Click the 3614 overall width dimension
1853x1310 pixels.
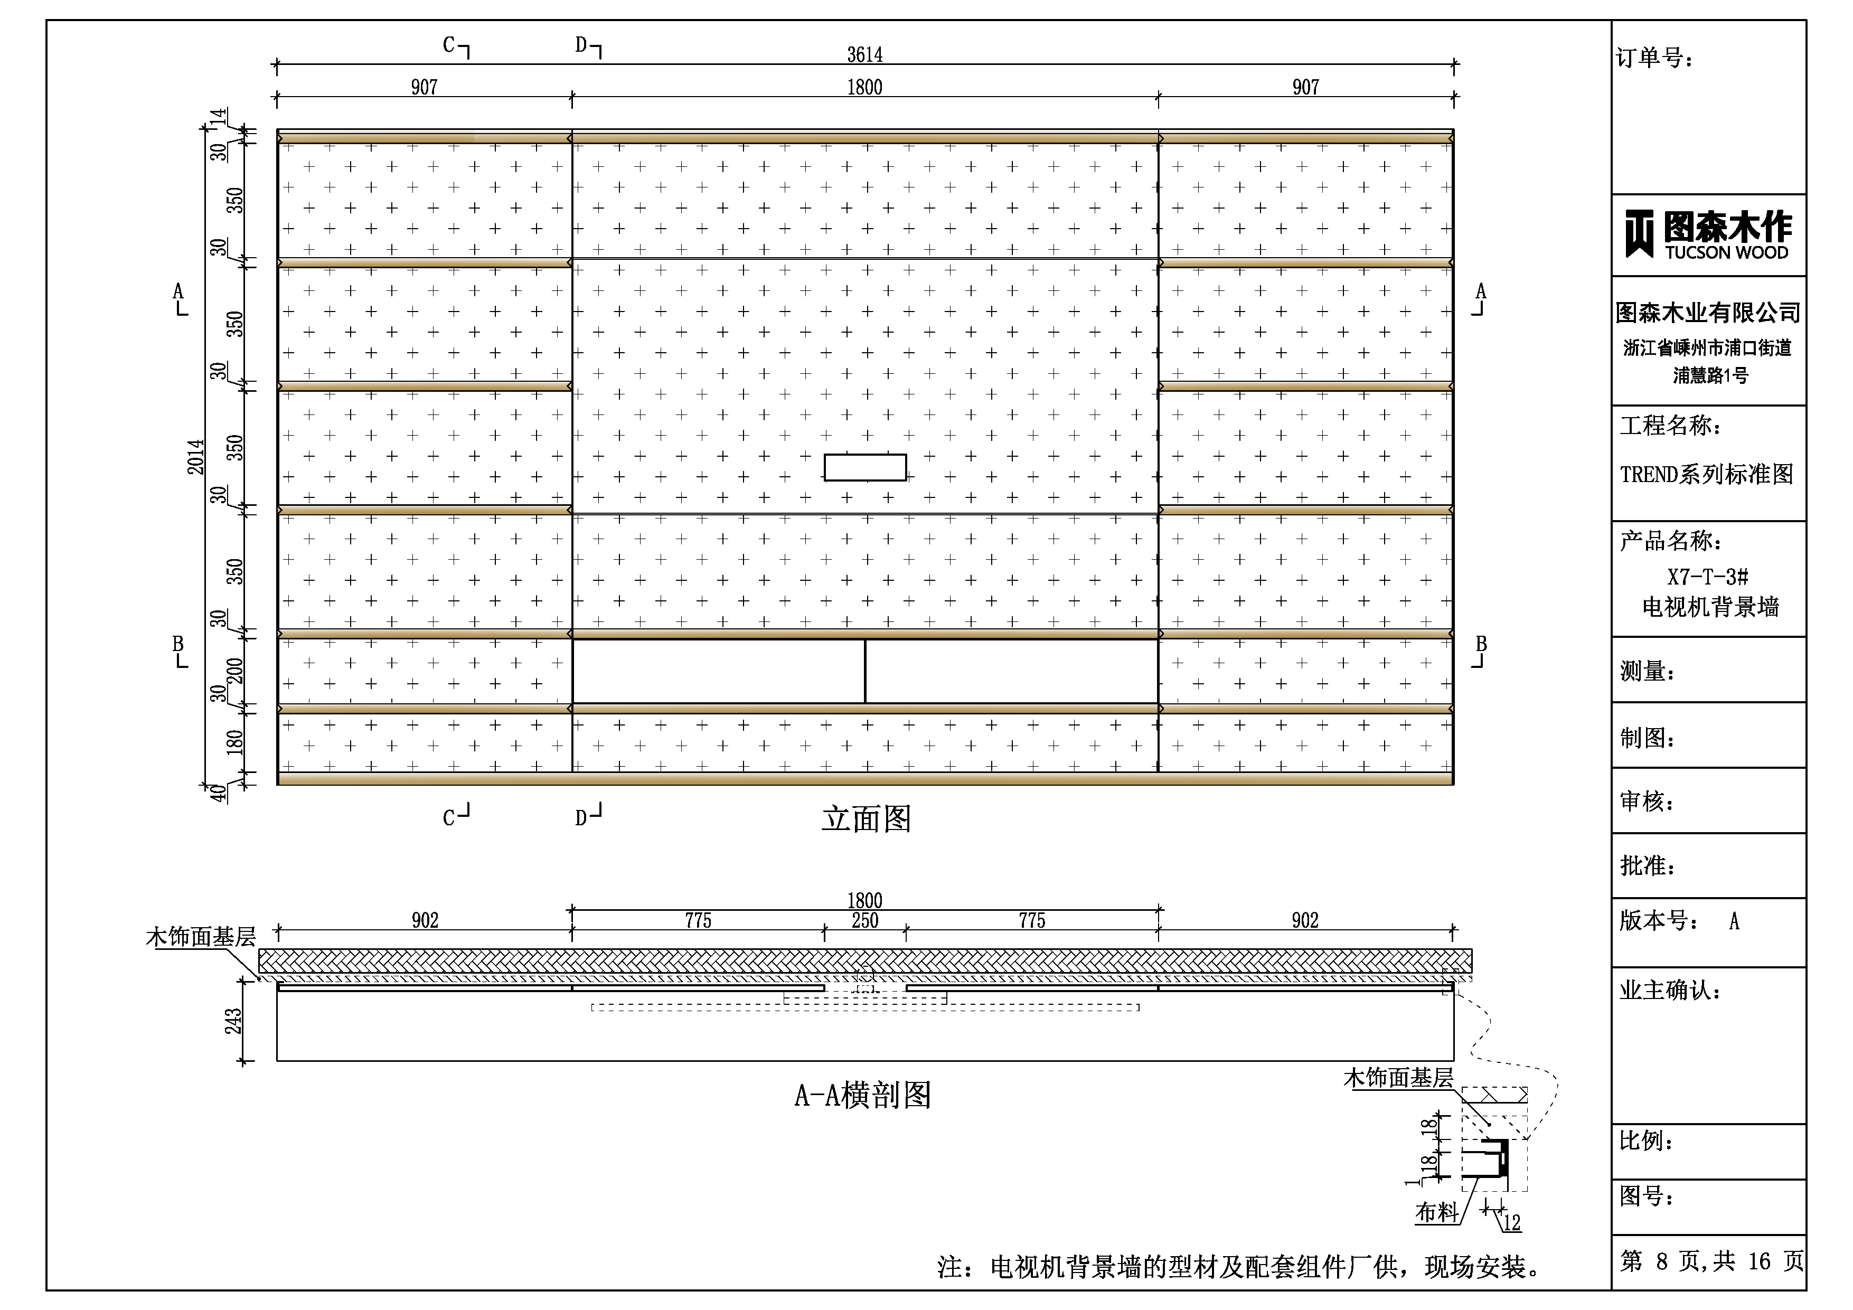(864, 55)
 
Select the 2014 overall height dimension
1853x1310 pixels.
(196, 457)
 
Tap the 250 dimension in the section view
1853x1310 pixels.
(864, 921)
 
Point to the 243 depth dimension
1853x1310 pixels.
(233, 1021)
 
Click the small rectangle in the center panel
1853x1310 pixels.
(865, 467)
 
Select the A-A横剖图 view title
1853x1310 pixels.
(863, 1095)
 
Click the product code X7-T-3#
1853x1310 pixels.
(1708, 577)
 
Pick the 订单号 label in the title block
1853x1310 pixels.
(1654, 58)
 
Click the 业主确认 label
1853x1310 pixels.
(1669, 991)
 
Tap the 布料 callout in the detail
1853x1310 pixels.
(1436, 1212)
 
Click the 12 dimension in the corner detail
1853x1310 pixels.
(1512, 1223)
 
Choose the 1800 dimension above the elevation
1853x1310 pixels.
(864, 87)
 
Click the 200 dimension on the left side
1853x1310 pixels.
(234, 671)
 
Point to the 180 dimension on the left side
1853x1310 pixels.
(234, 742)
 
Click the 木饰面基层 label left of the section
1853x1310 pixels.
(201, 937)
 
